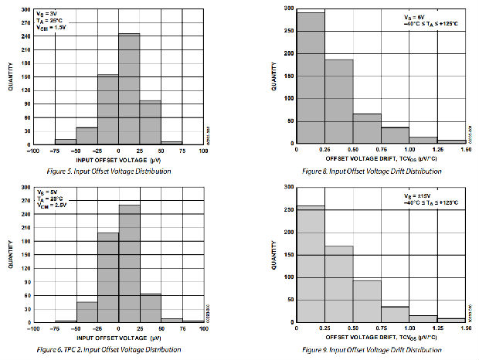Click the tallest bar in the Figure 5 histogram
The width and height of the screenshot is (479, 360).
coord(129,89)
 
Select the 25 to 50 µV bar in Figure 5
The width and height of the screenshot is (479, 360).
coord(150,122)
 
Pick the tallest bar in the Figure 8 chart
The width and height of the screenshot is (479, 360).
coord(311,77)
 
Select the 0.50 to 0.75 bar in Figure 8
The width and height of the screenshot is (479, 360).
coord(368,128)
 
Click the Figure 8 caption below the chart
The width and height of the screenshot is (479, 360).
coord(372,171)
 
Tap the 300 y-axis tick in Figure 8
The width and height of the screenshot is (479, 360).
coord(289,8)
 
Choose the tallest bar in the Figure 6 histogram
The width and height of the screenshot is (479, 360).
coord(129,263)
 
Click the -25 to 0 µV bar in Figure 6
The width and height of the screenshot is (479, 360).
coord(108,277)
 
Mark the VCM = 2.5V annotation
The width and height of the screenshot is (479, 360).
coord(52,205)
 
